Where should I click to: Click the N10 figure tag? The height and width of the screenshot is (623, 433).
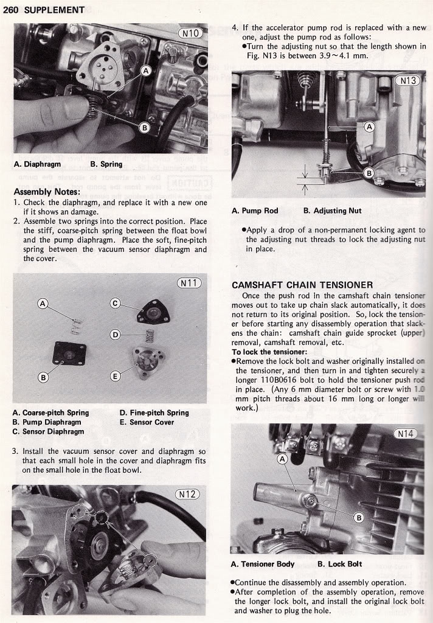pyautogui.click(x=190, y=33)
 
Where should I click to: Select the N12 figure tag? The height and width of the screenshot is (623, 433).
pyautogui.click(x=187, y=494)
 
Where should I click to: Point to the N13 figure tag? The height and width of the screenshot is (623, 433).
pyautogui.click(x=407, y=80)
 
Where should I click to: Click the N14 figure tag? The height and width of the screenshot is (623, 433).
pyautogui.click(x=406, y=434)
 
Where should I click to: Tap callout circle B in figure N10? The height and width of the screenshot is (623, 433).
pyautogui.click(x=145, y=127)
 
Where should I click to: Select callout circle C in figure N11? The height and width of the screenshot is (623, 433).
pyautogui.click(x=114, y=304)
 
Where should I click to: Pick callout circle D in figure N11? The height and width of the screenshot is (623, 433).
pyautogui.click(x=116, y=334)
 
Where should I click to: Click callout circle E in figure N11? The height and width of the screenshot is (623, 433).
pyautogui.click(x=115, y=376)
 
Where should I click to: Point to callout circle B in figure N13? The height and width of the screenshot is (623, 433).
pyautogui.click(x=369, y=173)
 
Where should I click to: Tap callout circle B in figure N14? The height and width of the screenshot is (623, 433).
pyautogui.click(x=358, y=518)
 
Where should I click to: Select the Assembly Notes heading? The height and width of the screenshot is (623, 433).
pyautogui.click(x=47, y=192)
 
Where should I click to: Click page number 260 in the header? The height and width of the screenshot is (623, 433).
pyautogui.click(x=11, y=10)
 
